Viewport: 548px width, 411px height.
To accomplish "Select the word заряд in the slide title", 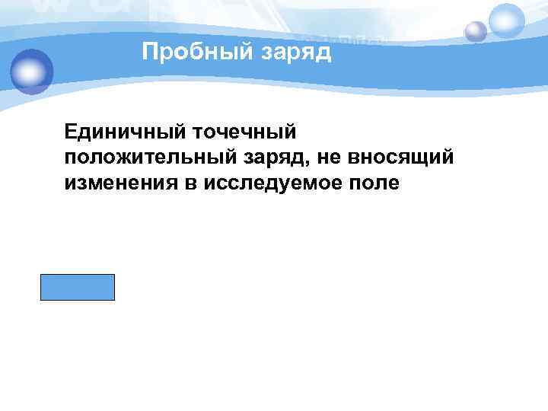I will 297,53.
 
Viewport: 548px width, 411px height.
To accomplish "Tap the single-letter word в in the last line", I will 189,183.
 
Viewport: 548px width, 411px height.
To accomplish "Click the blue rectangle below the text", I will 78,287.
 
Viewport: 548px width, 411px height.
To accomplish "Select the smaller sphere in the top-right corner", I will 476,31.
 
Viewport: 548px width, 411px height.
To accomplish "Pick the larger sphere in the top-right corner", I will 507,20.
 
